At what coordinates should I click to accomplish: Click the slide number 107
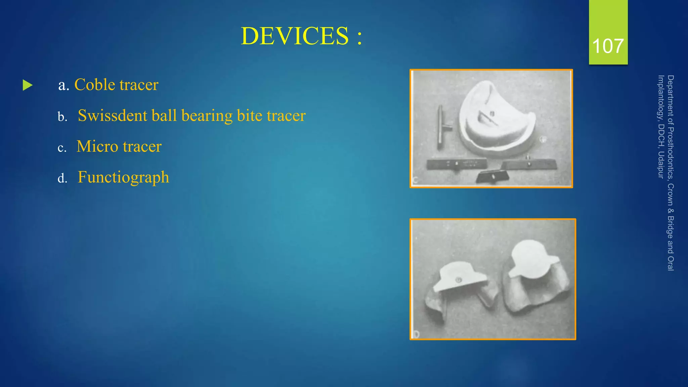(x=608, y=46)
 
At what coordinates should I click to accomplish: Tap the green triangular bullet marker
(x=28, y=85)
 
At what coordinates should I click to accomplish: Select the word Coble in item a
(x=94, y=84)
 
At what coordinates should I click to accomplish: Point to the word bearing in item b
(x=207, y=116)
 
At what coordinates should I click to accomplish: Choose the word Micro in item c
(x=97, y=146)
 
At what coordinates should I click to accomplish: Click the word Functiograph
(x=123, y=177)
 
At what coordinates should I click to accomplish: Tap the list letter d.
(x=62, y=178)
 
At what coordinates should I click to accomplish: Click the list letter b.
(x=62, y=117)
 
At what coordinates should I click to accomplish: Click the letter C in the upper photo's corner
(x=415, y=180)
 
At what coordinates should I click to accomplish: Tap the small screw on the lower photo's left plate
(x=458, y=279)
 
